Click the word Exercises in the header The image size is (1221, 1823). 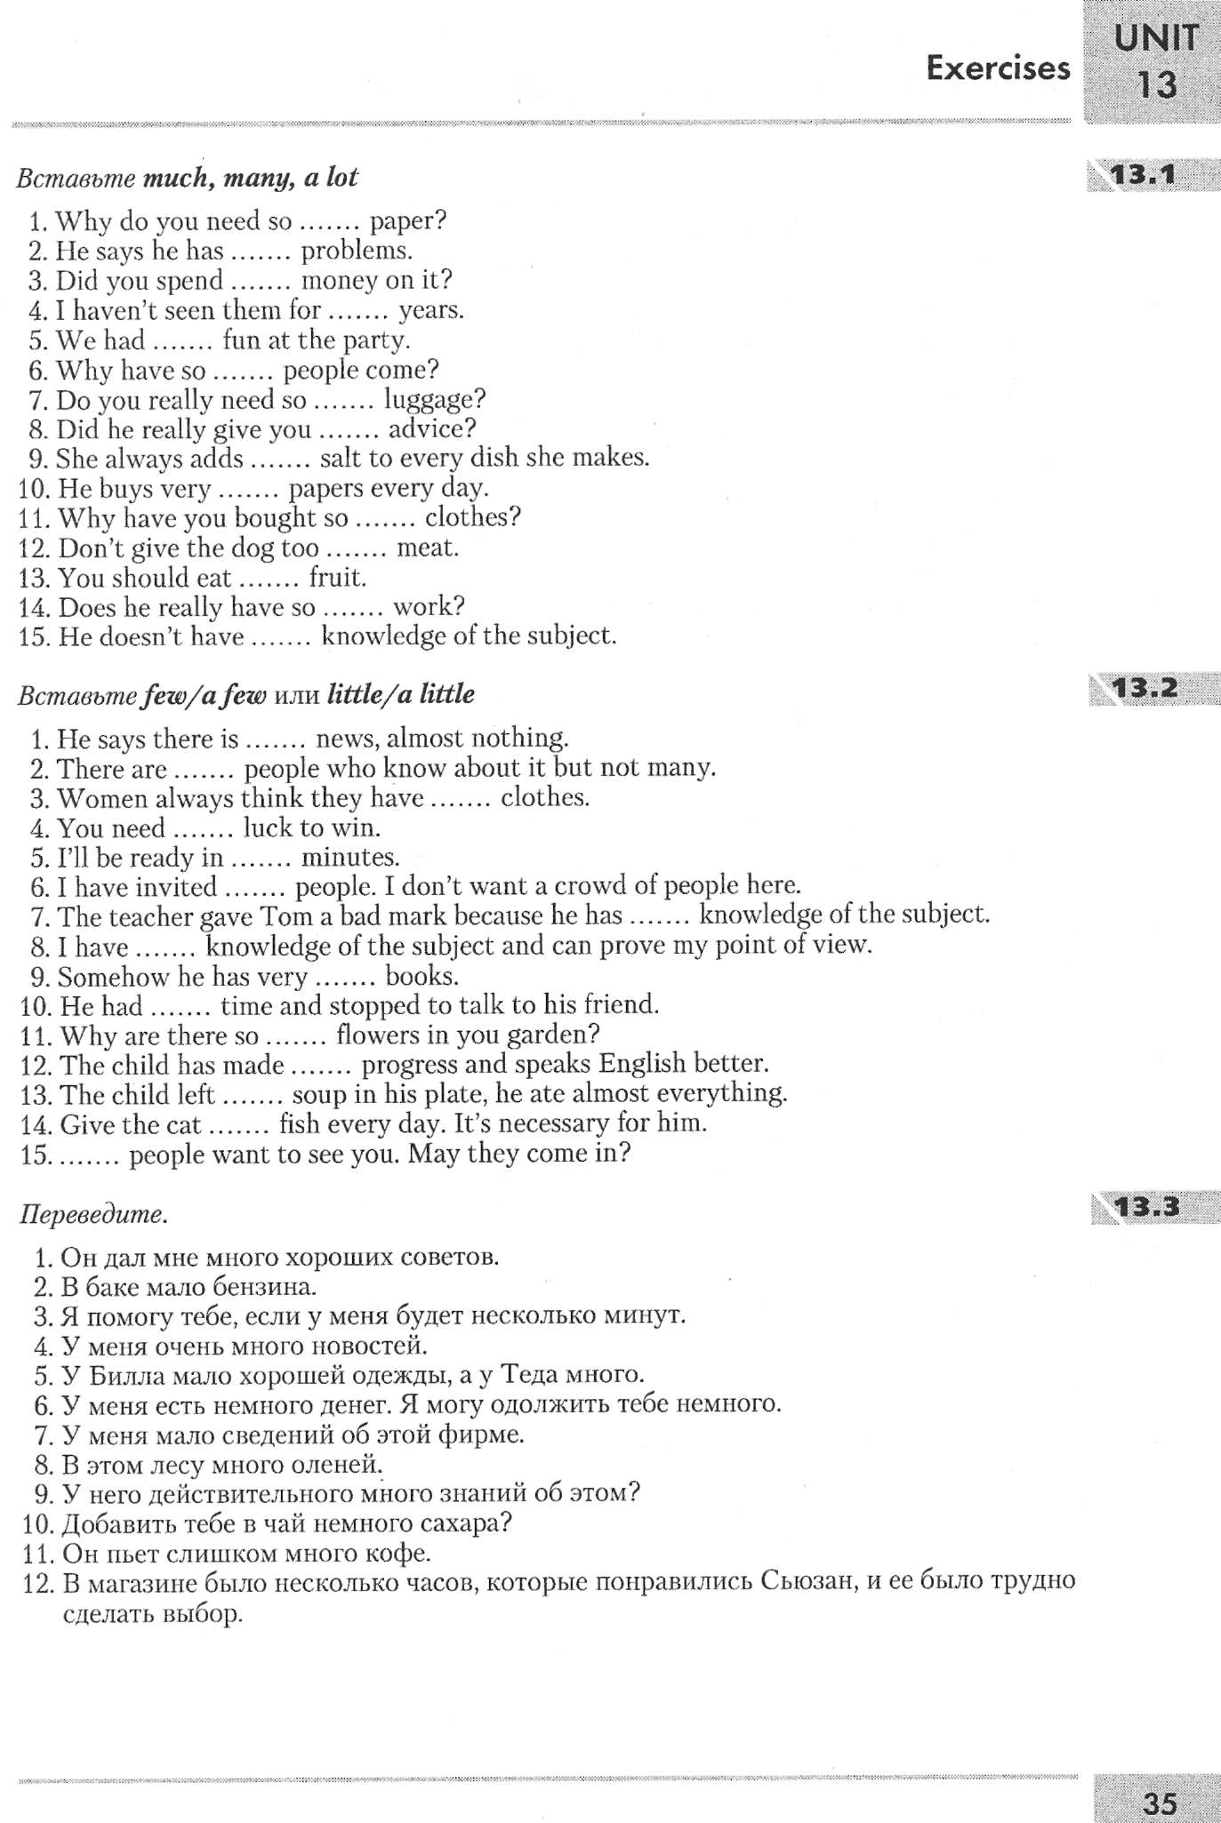(998, 68)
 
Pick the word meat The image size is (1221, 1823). (427, 548)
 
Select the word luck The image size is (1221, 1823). (267, 828)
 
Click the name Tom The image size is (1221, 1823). (279, 915)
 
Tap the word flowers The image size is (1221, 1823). (378, 1035)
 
